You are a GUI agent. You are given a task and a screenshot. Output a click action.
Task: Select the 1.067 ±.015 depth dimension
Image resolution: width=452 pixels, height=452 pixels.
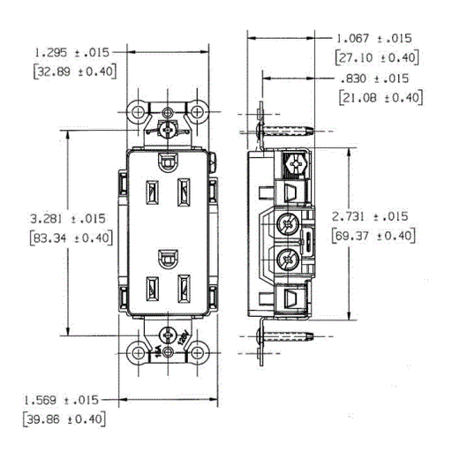click(377, 39)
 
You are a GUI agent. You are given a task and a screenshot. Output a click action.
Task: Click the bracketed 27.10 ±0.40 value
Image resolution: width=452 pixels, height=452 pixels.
click(377, 58)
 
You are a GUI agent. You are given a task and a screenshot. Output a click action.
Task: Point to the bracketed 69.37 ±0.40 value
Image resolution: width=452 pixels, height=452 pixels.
click(370, 236)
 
